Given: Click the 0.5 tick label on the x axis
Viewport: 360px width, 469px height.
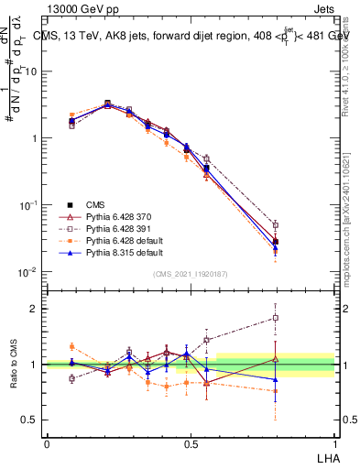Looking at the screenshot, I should pyautogui.click(x=191, y=443).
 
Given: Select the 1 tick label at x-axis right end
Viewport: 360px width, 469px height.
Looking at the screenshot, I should pyautogui.click(x=334, y=443).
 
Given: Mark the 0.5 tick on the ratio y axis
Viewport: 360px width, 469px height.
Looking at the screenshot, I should pyautogui.click(x=35, y=420).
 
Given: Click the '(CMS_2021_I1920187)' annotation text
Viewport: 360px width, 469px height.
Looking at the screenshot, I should pyautogui.click(x=191, y=274).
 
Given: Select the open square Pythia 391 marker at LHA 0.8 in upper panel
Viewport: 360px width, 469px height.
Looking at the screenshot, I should pyautogui.click(x=276, y=224).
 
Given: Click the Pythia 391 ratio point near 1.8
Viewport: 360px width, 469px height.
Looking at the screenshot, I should pyautogui.click(x=276, y=318).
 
